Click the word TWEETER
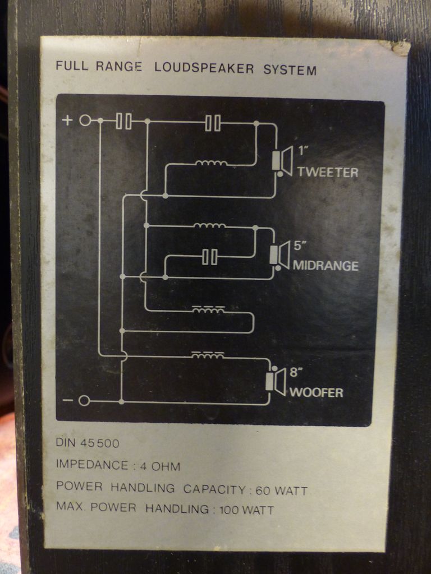point(327,172)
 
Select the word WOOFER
point(316,392)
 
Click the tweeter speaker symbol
point(283,161)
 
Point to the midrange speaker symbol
point(279,255)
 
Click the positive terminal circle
point(85,121)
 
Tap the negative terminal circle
point(84,400)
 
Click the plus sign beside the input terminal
point(67,121)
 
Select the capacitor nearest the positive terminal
point(124,121)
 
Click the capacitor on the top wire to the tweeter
point(213,123)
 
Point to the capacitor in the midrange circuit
point(210,257)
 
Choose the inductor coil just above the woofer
point(208,355)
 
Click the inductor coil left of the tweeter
point(211,164)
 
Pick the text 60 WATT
point(281,491)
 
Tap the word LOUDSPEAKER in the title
point(204,70)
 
